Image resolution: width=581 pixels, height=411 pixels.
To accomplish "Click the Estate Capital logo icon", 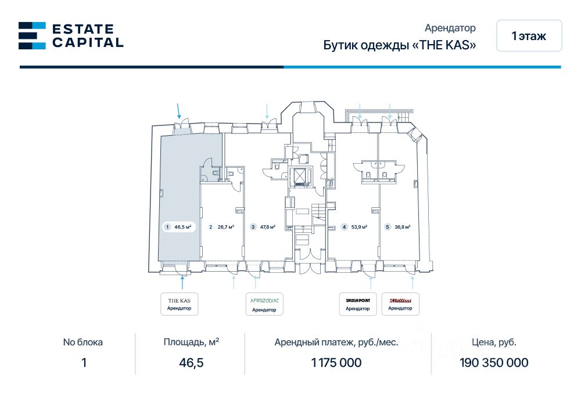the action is point(32,35).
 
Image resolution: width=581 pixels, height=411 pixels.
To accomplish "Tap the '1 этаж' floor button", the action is point(529,36).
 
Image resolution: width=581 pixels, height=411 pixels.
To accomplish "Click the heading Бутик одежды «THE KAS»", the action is point(400,45).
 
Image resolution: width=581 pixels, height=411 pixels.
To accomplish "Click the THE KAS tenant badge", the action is point(179,304).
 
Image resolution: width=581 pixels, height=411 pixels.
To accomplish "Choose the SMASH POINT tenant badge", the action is point(358,304).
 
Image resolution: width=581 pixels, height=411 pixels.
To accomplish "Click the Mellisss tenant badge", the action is point(400,304).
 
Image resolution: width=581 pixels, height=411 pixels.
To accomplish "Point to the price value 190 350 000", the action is point(494,363).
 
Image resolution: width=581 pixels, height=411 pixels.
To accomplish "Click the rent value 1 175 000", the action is point(336,363).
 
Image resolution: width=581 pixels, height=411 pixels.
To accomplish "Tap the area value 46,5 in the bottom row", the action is point(191,363).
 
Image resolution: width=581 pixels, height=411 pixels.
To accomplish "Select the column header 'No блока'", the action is point(83,342).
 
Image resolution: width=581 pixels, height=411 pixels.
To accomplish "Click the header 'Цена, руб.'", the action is point(494,342).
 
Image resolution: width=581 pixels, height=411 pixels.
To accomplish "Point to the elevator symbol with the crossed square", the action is point(300,176).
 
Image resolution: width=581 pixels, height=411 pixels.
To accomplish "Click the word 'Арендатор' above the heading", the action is point(450,28).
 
